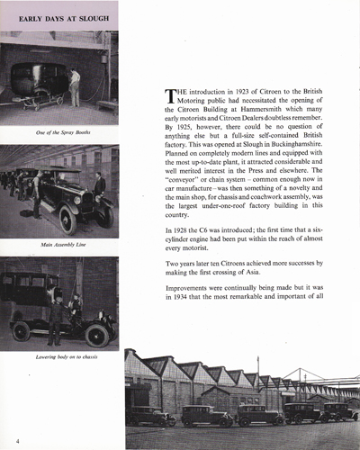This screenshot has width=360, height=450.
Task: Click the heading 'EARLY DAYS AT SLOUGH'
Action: coord(59,17)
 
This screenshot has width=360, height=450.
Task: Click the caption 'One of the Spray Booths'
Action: coord(59,132)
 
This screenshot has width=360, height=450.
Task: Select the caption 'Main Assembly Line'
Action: coord(59,244)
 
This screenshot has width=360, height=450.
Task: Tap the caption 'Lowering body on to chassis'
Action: coord(59,356)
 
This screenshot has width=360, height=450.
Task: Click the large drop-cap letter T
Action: coord(169,97)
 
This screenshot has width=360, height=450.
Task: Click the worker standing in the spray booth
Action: coord(75,86)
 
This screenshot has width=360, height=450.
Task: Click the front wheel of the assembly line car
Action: coord(67,219)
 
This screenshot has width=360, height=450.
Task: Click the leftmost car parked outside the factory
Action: coord(149,417)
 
